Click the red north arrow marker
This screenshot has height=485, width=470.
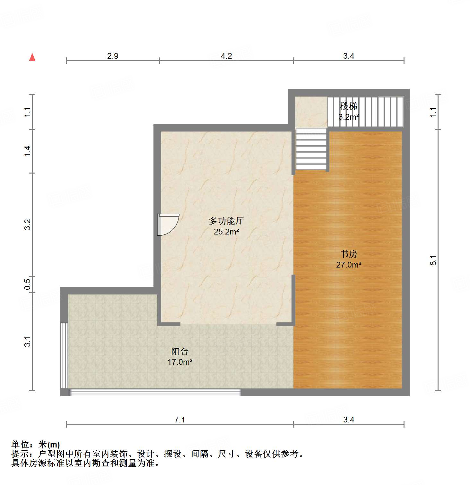32,57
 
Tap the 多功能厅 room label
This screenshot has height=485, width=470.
226,221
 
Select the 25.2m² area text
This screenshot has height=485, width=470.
226,232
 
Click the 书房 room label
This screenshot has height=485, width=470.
349,254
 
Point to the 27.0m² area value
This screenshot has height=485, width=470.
349,265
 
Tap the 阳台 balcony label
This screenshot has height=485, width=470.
179,351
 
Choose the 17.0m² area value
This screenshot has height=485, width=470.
180,362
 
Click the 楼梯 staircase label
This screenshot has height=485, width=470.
348,106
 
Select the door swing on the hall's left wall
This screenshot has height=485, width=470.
168,224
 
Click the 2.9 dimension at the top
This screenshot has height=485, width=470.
113,56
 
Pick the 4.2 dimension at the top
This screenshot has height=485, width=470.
226,56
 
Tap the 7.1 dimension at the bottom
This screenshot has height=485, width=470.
180,420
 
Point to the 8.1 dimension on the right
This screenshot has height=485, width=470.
433,260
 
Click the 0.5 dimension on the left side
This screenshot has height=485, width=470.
28,284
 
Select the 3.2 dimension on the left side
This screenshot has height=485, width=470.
28,225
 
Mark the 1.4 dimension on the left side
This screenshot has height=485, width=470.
28,151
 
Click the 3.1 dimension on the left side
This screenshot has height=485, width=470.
28,342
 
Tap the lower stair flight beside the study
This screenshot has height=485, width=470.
311,149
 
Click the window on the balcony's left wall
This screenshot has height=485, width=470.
64,355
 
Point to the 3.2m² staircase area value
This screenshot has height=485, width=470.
349,117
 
